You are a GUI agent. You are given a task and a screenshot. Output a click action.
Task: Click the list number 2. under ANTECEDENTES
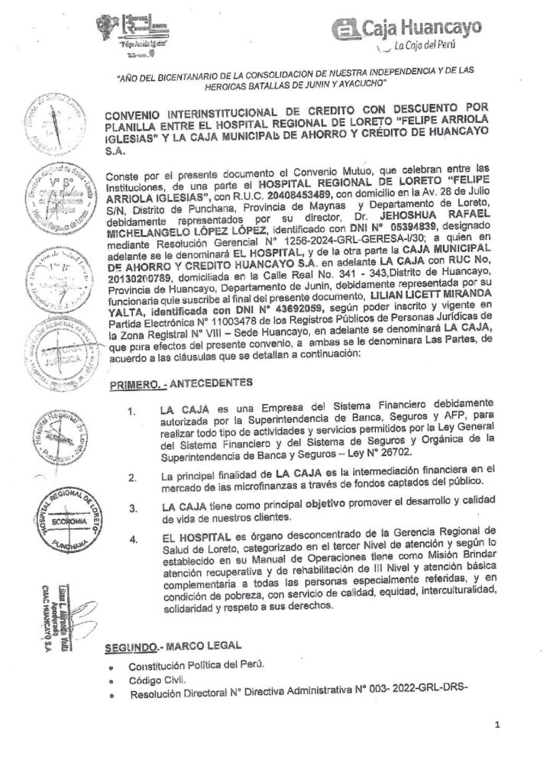click(134, 479)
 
